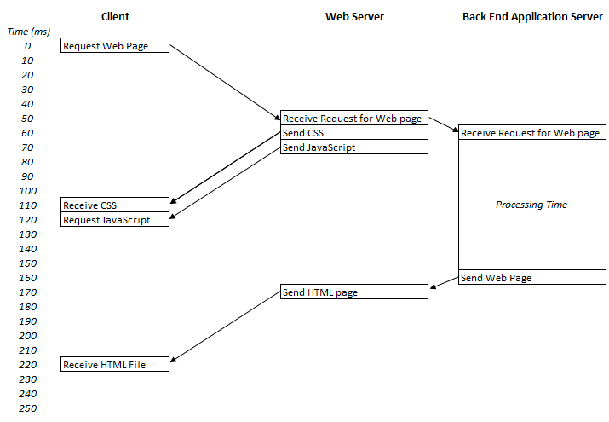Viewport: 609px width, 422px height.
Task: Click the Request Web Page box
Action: pyautogui.click(x=115, y=46)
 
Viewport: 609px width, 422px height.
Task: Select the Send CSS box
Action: pyautogui.click(x=353, y=133)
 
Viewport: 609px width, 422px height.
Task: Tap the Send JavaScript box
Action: pyautogui.click(x=353, y=147)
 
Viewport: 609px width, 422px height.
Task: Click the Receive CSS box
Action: pyautogui.click(x=115, y=205)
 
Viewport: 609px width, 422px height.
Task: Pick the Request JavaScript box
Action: pyautogui.click(x=115, y=219)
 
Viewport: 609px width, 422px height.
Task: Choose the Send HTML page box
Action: pyautogui.click(x=353, y=292)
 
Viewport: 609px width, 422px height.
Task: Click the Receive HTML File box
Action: pyautogui.click(x=115, y=365)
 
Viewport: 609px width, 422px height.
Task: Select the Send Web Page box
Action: pyautogui.click(x=531, y=277)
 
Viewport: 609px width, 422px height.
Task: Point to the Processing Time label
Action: pyautogui.click(x=531, y=205)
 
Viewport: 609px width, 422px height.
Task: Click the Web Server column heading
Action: pyautogui.click(x=354, y=16)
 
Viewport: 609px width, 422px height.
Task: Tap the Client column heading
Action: pyautogui.click(x=115, y=16)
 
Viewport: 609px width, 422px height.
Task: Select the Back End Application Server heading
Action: pyautogui.click(x=532, y=16)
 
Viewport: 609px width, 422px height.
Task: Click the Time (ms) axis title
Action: pyautogui.click(x=29, y=32)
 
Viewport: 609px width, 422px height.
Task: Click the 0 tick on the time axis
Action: pyautogui.click(x=29, y=46)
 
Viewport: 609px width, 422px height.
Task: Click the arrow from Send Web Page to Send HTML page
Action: pyautogui.click(x=444, y=283)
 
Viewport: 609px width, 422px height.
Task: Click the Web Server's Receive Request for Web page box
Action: pyautogui.click(x=353, y=119)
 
